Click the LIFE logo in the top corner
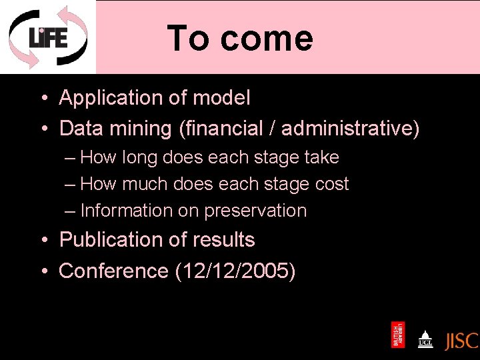[x=47, y=37]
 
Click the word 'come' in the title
[x=267, y=38]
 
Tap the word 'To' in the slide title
[x=188, y=38]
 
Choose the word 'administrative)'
[x=351, y=128]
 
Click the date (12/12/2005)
[x=235, y=271]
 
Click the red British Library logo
[x=397, y=335]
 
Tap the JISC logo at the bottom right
[x=461, y=340]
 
